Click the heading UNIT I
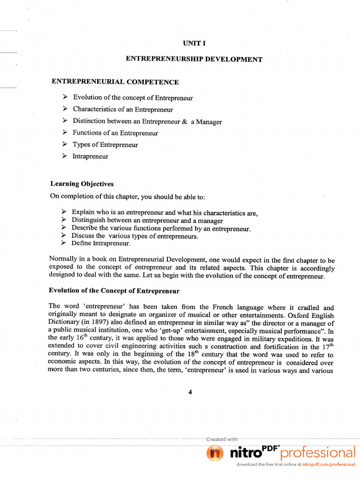195,43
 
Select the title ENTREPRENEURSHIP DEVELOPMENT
194,60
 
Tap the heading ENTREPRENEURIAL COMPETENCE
115,82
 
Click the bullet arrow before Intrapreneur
65,156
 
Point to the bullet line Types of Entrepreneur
105,145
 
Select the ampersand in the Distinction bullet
184,121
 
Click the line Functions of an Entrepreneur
115,133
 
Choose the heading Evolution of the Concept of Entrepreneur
114,291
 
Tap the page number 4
190,392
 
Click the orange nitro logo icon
215,453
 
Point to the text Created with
222,439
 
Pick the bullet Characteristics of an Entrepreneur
123,110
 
